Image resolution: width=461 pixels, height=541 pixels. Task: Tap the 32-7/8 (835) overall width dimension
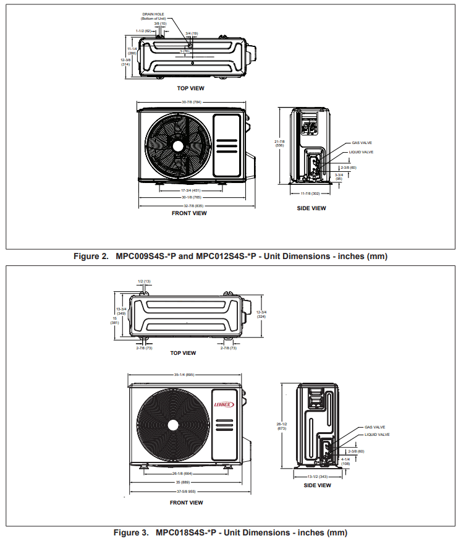click(191, 205)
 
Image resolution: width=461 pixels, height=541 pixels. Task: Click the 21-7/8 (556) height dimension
click(279, 143)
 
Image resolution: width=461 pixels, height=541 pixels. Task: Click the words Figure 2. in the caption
click(91, 256)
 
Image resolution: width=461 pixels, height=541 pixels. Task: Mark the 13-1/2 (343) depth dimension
click(316, 477)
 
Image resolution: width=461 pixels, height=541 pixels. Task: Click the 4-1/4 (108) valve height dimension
click(345, 461)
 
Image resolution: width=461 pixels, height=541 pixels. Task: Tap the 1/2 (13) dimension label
click(144, 281)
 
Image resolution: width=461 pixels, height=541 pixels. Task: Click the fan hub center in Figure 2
click(177, 145)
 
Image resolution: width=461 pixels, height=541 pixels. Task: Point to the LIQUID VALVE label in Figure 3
click(376, 435)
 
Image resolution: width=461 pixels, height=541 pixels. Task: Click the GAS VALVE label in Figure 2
click(362, 143)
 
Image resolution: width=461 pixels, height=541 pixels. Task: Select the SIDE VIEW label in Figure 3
click(316, 485)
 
